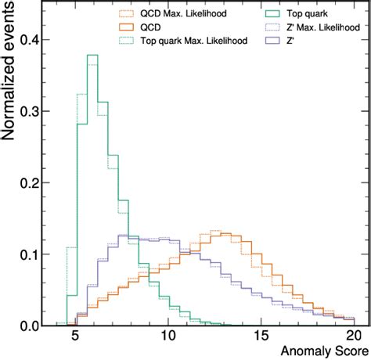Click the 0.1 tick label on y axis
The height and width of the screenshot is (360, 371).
click(27, 254)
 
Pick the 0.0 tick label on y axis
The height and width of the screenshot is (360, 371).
click(27, 325)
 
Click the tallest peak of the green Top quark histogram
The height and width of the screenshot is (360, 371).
click(92, 56)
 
